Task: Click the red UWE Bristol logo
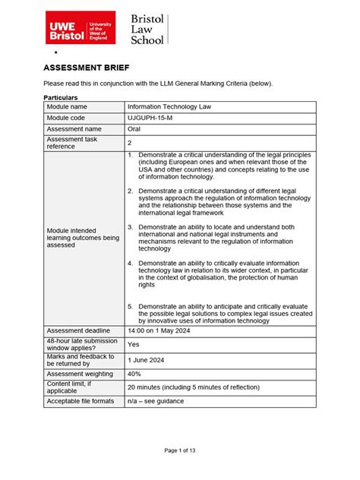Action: coord(80,27)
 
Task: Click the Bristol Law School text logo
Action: coord(147,29)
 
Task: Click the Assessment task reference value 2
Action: coord(130,143)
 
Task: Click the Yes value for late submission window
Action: coord(133,344)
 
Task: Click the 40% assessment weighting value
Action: coord(134,373)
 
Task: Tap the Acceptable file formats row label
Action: coord(82,400)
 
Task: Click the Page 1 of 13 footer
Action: coord(180,450)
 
